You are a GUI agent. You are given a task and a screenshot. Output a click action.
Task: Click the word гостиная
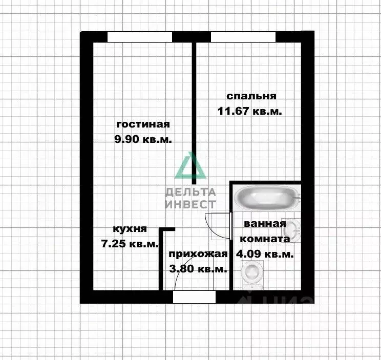point(143,124)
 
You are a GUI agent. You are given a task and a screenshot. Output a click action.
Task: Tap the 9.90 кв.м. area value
point(143,139)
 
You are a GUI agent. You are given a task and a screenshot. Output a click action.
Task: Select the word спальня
point(251,96)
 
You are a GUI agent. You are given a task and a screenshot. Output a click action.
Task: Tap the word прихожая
point(197,255)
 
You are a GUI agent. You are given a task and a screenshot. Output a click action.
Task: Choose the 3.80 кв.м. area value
point(197,269)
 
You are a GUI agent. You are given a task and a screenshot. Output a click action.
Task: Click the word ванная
point(264,224)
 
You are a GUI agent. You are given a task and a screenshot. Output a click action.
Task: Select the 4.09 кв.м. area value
point(264,253)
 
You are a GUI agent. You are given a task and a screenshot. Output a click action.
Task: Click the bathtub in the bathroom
point(266,198)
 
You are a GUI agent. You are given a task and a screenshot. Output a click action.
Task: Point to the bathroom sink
point(293,229)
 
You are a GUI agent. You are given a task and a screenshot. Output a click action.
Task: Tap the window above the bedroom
point(243,37)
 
